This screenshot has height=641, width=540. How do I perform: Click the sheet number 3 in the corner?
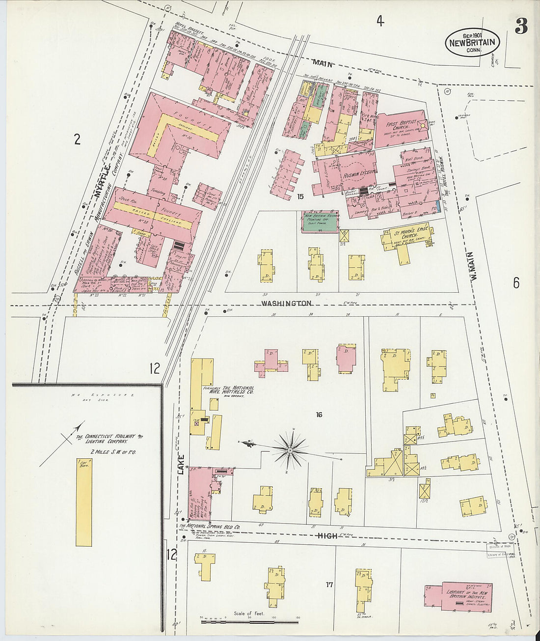[x=521, y=27]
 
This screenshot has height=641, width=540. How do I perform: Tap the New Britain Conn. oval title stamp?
[x=472, y=42]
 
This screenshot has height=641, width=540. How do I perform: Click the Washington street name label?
[x=286, y=303]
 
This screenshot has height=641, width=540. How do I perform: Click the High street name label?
[x=327, y=536]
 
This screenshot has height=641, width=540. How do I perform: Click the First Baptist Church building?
[x=400, y=128]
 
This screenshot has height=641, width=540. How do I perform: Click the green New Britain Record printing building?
[x=320, y=222]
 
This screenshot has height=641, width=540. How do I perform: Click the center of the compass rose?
[x=290, y=449]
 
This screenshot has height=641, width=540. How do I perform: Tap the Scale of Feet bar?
[x=249, y=622]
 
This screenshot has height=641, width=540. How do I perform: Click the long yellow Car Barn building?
[x=83, y=502]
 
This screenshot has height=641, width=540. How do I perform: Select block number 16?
[x=319, y=415]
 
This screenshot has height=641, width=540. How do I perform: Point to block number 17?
[x=330, y=585]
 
